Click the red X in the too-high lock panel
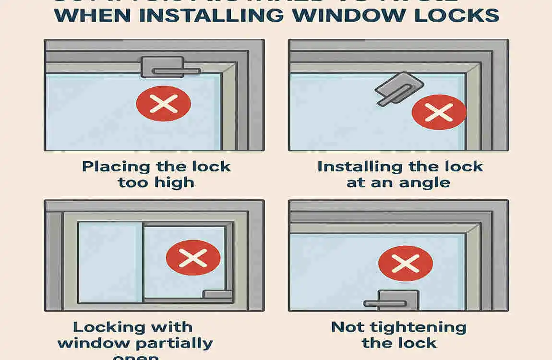pyautogui.click(x=164, y=103)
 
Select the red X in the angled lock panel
pyautogui.click(x=439, y=112)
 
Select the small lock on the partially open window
pyautogui.click(x=217, y=294)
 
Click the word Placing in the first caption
pyautogui.click(x=116, y=167)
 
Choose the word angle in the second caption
pyautogui.click(x=425, y=182)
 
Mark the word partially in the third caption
pyautogui.click(x=175, y=344)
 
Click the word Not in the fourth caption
pyautogui.click(x=347, y=328)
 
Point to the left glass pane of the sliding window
pyautogui.click(x=110, y=262)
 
